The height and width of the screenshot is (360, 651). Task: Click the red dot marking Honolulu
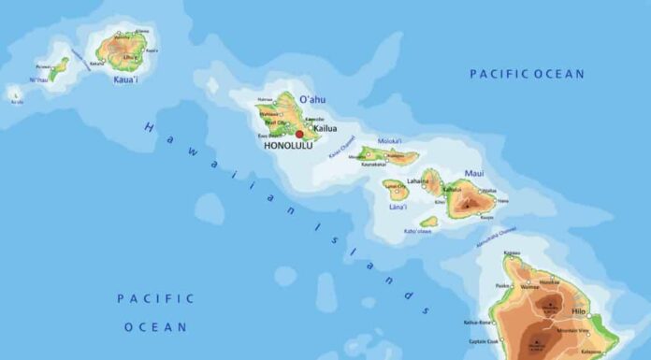point(299,134)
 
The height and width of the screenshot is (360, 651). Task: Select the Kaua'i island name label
point(126,79)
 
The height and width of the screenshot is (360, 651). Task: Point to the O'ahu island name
point(311,99)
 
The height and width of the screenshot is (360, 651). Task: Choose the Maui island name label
point(474,173)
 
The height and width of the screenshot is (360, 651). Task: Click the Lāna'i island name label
point(397,206)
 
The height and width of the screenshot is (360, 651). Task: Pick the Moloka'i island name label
point(390,141)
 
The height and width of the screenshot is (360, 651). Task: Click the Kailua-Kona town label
point(477,323)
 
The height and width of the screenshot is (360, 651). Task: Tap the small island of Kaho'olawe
point(428,222)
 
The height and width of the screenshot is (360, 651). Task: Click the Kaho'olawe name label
point(416,230)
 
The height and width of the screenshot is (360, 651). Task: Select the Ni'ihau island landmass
point(59,68)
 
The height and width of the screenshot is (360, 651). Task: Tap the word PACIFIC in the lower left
point(155,298)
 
